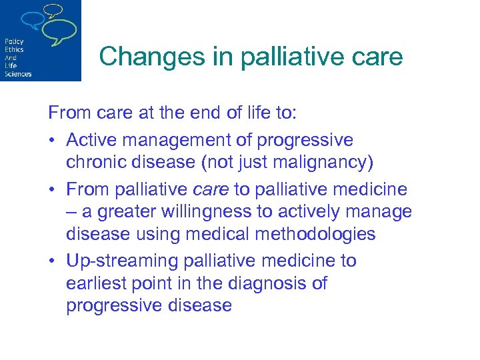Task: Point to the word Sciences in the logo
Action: tap(18, 74)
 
